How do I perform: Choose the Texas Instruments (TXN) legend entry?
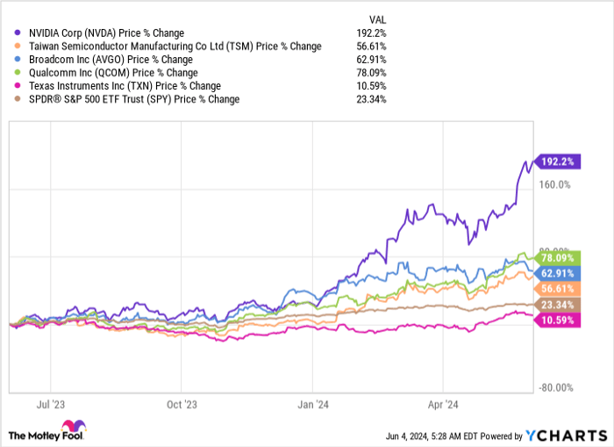pos(124,86)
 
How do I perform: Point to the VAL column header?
pos(377,18)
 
